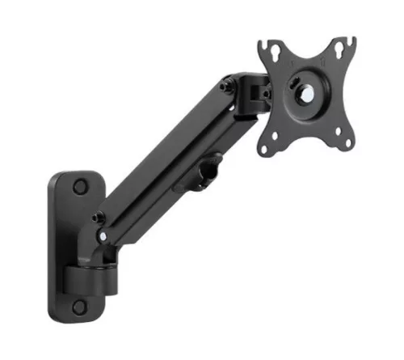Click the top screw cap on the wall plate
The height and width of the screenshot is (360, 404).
(79, 187)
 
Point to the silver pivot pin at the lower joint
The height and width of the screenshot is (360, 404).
(103, 235)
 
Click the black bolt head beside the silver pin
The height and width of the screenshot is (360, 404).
(99, 217)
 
